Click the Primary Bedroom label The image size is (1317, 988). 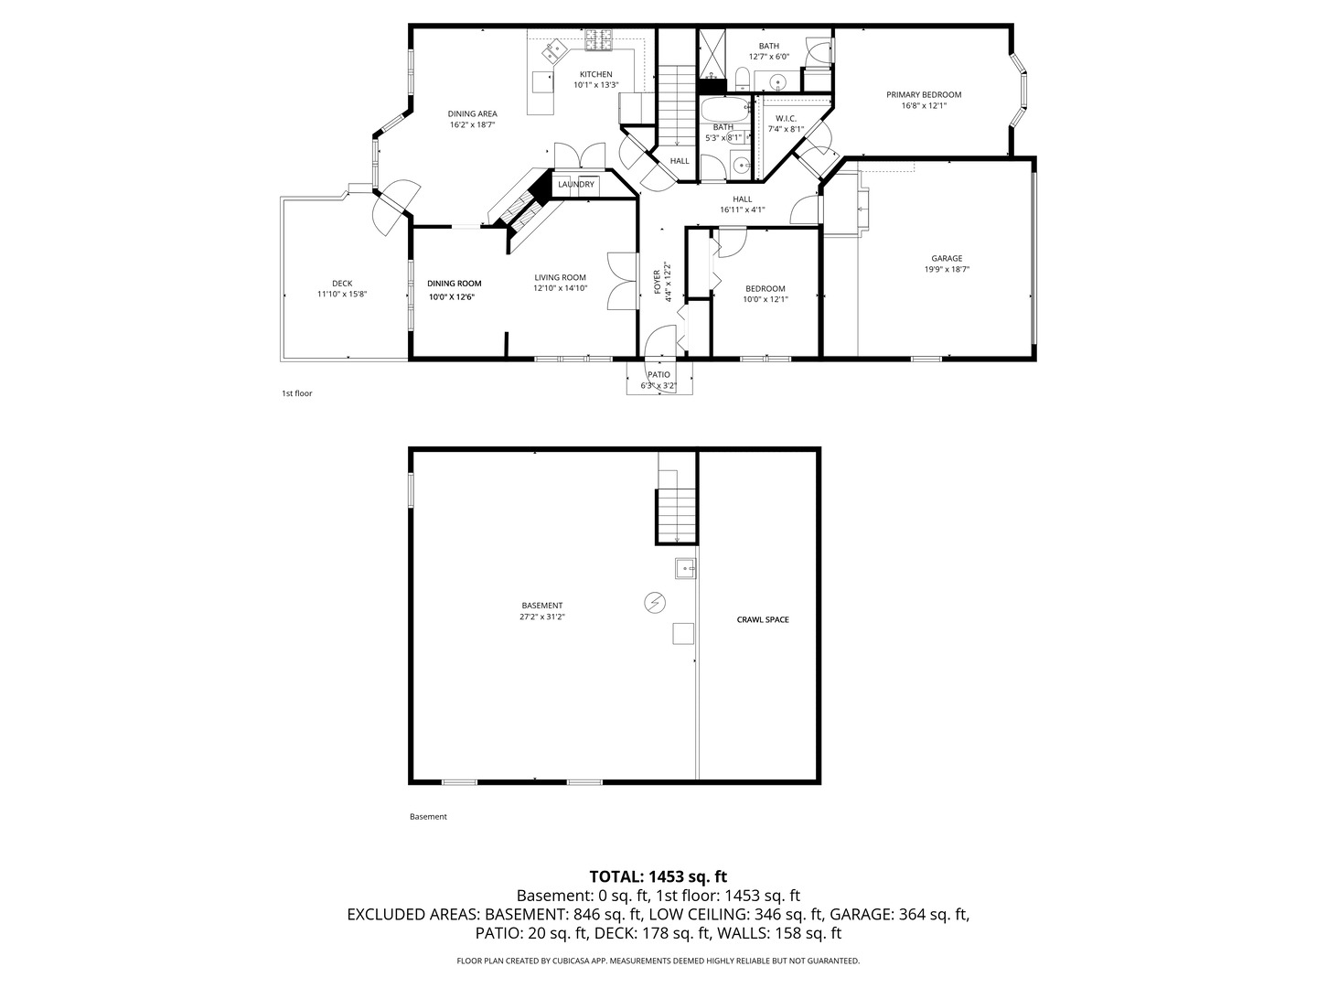tap(924, 94)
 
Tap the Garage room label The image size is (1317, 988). tap(947, 258)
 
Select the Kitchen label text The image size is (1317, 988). tap(595, 74)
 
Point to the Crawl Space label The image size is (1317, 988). tap(763, 619)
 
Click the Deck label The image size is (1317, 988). tap(342, 283)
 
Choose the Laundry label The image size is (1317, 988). tap(576, 184)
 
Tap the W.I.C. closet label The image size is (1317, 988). tap(786, 118)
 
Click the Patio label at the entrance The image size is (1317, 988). tap(658, 374)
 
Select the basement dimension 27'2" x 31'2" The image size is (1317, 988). tap(541, 617)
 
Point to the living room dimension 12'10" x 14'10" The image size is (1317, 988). tap(560, 288)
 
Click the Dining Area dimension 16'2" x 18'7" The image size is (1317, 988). tap(472, 124)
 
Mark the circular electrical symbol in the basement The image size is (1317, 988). tap(655, 602)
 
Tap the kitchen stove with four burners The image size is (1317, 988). tap(600, 39)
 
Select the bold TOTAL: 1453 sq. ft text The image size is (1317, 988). tap(658, 876)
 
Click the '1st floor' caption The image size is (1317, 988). tap(296, 393)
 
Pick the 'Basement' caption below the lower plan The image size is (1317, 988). tap(428, 817)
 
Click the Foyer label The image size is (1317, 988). tap(657, 282)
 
